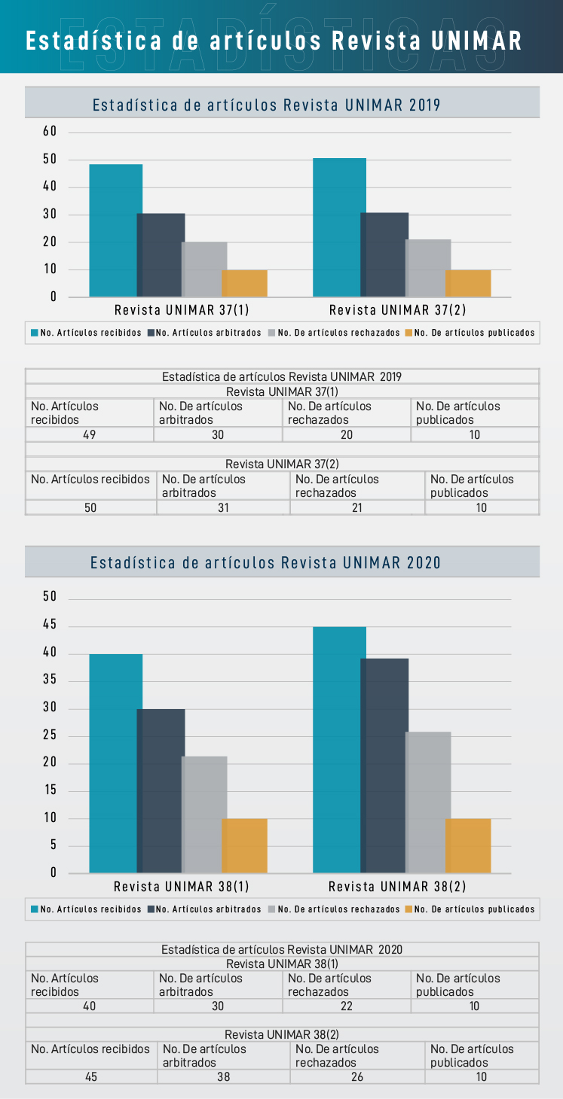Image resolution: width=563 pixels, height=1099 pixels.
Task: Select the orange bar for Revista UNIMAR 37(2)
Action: (468, 283)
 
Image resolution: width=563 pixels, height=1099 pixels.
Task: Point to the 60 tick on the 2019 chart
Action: (50, 131)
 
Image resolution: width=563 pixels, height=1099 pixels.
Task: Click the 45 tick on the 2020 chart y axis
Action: (50, 626)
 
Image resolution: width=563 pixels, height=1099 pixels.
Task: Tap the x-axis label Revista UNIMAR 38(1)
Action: (182, 886)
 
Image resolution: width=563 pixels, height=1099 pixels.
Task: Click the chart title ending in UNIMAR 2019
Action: (266, 105)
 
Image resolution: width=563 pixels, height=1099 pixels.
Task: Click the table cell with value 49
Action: (89, 434)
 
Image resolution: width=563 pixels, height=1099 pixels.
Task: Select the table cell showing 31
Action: (223, 507)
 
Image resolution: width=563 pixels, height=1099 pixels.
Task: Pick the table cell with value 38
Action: (223, 1076)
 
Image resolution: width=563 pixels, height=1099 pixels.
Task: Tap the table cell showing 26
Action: (357, 1076)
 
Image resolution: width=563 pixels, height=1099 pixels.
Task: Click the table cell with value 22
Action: (347, 1006)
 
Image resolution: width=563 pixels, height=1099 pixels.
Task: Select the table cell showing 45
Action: (90, 1076)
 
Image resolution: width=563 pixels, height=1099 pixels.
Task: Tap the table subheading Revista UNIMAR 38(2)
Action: (282, 1034)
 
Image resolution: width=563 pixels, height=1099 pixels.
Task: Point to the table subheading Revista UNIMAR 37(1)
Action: (282, 391)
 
